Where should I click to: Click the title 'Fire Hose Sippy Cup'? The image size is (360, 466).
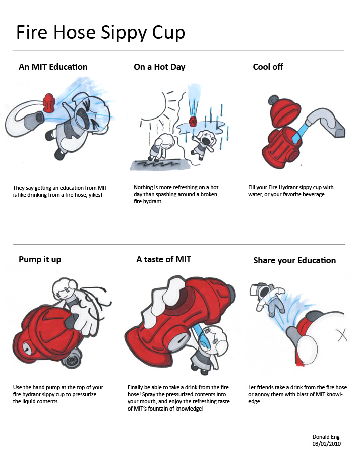100,33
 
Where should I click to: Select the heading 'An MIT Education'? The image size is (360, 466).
53,67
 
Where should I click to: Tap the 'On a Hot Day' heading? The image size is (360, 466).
159,67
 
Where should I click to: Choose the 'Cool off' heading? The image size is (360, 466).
268,67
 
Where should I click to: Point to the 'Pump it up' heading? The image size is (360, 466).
40,259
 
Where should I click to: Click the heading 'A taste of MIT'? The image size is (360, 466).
164,259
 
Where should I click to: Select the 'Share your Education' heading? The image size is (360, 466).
294,260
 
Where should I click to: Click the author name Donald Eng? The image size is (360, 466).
326,437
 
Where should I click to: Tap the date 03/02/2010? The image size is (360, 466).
326,444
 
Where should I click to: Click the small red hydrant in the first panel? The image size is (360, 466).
49,103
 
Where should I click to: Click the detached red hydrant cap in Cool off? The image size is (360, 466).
284,110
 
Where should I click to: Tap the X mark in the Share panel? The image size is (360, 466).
342,335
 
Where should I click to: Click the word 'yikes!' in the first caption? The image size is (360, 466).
95,195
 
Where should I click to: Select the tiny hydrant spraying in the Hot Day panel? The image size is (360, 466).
193,121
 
